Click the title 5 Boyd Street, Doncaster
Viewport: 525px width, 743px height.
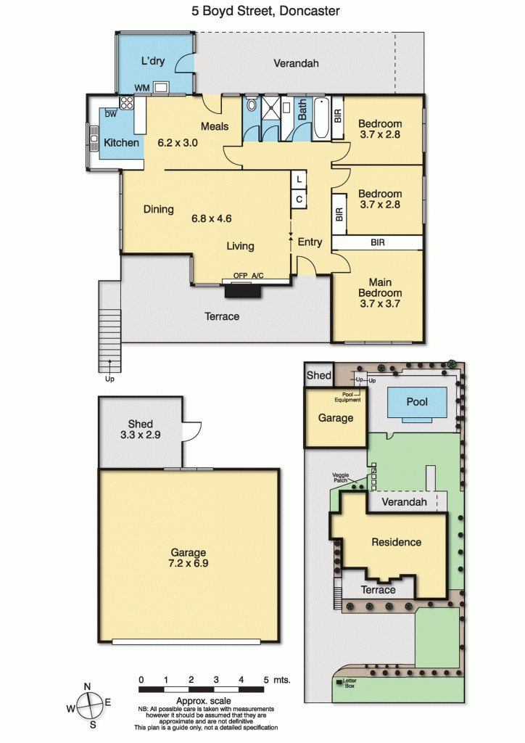tap(262, 11)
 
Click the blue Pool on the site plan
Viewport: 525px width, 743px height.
tap(417, 402)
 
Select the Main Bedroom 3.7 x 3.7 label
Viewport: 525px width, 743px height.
tap(385, 293)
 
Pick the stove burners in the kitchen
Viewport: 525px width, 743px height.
tap(127, 103)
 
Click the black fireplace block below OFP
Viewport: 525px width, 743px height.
tap(243, 290)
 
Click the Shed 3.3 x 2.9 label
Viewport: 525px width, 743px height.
tap(140, 430)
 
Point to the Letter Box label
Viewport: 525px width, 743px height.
tap(350, 683)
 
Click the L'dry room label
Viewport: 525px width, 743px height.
tap(154, 61)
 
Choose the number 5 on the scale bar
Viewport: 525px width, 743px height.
tap(267, 679)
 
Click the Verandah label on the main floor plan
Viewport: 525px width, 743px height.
tap(295, 63)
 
